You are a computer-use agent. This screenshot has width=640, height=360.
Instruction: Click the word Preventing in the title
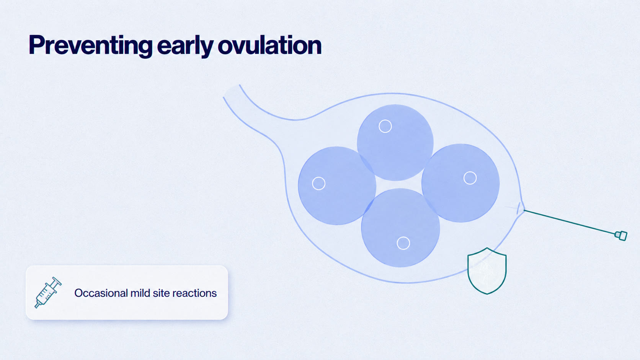91,46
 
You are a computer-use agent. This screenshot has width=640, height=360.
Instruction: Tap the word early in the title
185,46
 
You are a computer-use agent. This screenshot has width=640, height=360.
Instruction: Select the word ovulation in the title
269,45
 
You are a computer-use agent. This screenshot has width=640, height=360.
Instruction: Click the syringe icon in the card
48,292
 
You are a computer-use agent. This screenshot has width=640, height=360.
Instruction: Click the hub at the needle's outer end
621,236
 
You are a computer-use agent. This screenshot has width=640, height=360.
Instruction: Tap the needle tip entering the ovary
524,210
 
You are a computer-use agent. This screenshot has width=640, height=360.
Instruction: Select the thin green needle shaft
570,223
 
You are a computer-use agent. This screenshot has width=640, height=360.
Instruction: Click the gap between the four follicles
398,184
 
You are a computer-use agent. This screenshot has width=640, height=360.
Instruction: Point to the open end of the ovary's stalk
231,91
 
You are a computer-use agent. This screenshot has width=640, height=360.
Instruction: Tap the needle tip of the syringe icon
36,307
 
